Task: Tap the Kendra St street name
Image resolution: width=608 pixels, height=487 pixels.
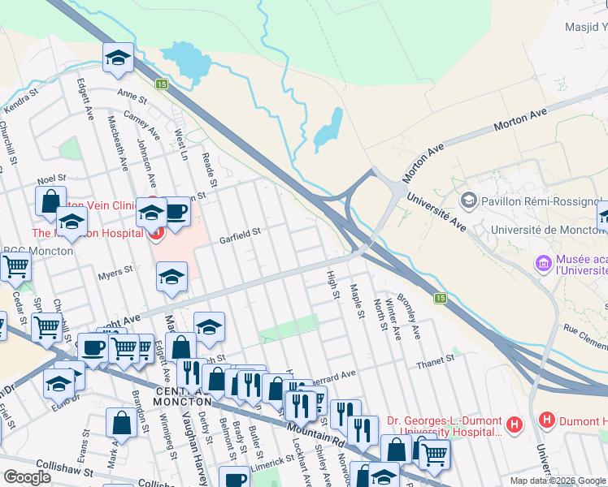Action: [21, 102]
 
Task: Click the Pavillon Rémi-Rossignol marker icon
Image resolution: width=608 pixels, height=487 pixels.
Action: [468, 200]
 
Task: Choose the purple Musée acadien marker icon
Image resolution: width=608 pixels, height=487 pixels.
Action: [543, 263]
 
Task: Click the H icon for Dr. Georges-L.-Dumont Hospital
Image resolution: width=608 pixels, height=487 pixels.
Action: [514, 423]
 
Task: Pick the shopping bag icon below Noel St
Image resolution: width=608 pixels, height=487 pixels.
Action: [50, 200]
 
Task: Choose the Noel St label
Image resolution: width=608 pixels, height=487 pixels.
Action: [50, 180]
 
